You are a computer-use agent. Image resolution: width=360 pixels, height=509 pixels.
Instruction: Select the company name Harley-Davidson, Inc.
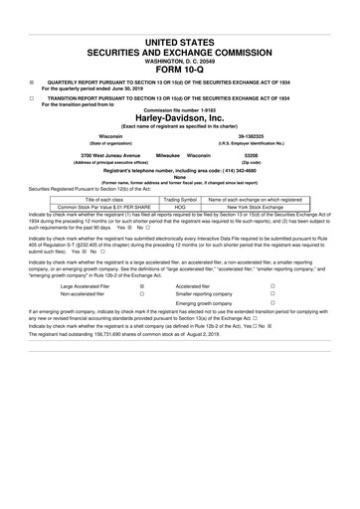[x=179, y=114]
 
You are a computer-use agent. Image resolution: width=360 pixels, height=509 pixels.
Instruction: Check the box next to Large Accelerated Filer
[x=142, y=285]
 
